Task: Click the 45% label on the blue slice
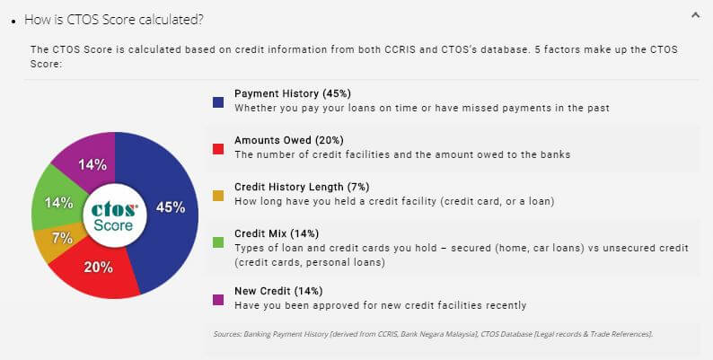pos(171,207)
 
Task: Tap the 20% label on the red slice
pos(98,267)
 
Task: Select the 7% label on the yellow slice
pos(62,239)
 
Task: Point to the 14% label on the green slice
pos(58,203)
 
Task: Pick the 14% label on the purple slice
pos(92,164)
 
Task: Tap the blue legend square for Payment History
pos(218,101)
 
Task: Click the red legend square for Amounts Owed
pos(218,149)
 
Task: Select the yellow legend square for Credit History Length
pos(218,196)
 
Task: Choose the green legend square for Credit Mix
pos(218,241)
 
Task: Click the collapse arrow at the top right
pos(695,14)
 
